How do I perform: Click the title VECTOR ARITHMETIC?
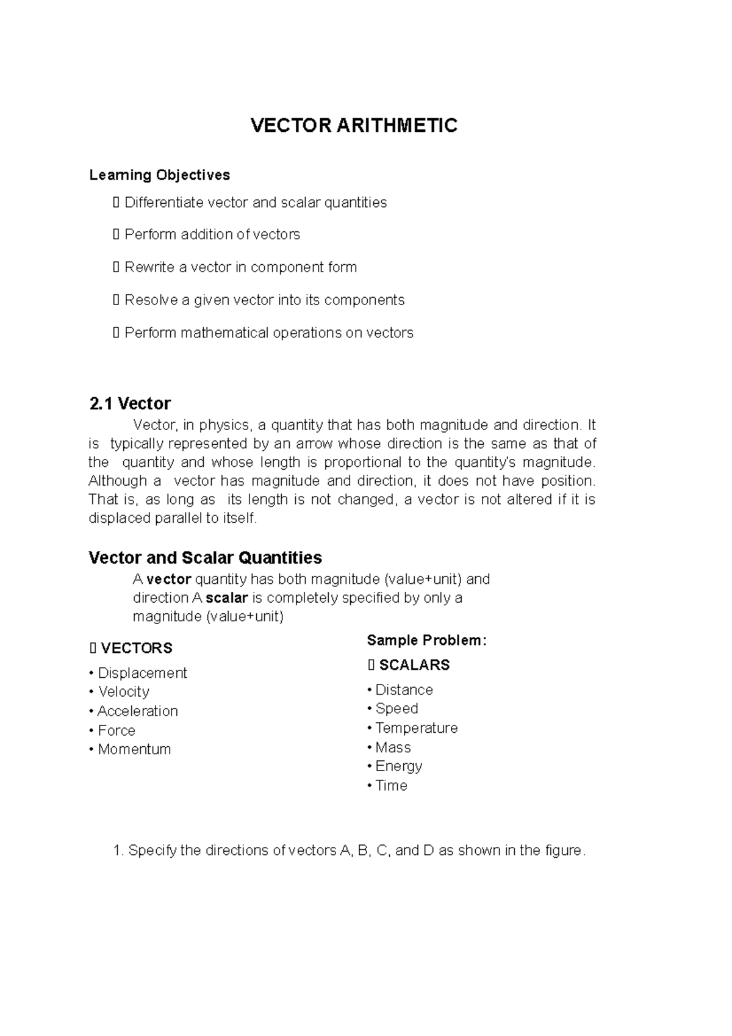(354, 126)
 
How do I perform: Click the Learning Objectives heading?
(159, 175)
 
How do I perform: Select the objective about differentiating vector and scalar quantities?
(255, 203)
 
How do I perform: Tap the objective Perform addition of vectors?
(212, 235)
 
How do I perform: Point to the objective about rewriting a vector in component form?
(240, 267)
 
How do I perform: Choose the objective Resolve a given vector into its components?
(264, 300)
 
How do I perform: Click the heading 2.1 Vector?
(129, 403)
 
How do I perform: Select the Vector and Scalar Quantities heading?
(205, 558)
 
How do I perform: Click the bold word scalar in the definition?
(227, 598)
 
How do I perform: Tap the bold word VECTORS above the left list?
(136, 648)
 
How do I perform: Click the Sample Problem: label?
(426, 641)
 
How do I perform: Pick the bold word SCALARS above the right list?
(414, 665)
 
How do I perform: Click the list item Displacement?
(142, 673)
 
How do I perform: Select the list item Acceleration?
(137, 711)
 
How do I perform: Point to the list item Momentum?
(134, 749)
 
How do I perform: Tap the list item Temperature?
(416, 728)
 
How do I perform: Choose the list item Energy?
(398, 766)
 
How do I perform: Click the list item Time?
(391, 786)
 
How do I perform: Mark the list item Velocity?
(123, 692)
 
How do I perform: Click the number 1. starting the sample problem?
(119, 851)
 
